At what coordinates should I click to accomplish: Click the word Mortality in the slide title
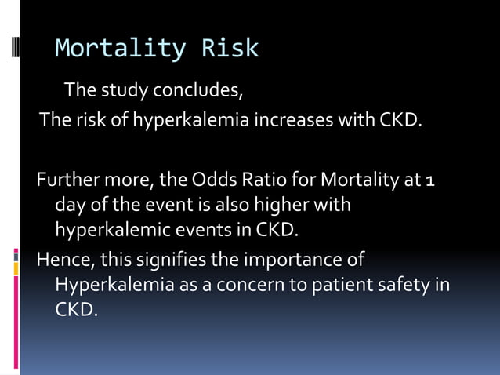click(x=120, y=49)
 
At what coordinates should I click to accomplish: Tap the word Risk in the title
click(x=230, y=49)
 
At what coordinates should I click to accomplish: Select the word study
click(x=127, y=90)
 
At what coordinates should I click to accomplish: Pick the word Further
click(x=64, y=180)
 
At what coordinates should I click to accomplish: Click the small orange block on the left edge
click(x=16, y=268)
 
